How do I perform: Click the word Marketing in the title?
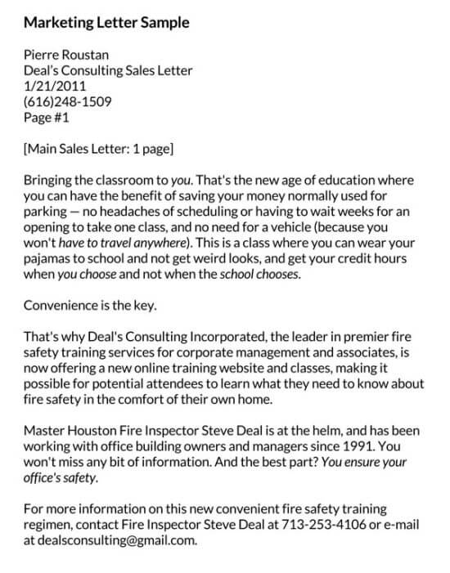click(x=57, y=23)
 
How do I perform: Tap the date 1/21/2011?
click(x=56, y=86)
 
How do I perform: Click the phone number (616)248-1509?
click(x=69, y=101)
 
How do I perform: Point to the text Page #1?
click(x=47, y=117)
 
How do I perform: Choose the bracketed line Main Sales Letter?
click(x=99, y=149)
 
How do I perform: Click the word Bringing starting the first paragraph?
click(x=51, y=180)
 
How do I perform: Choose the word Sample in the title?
click(x=166, y=23)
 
